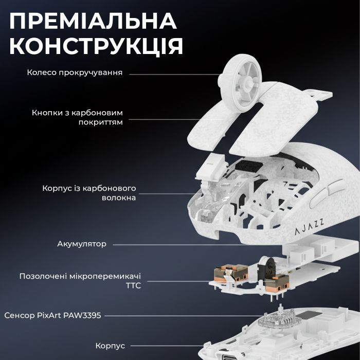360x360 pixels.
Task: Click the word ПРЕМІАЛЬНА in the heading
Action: (x=93, y=22)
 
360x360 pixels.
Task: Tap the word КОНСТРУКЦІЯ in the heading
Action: (x=96, y=46)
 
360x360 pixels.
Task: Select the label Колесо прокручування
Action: (x=75, y=73)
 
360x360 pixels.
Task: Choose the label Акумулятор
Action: (x=82, y=243)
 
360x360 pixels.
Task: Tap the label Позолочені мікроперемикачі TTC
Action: (x=80, y=280)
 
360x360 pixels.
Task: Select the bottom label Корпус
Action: (x=110, y=346)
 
